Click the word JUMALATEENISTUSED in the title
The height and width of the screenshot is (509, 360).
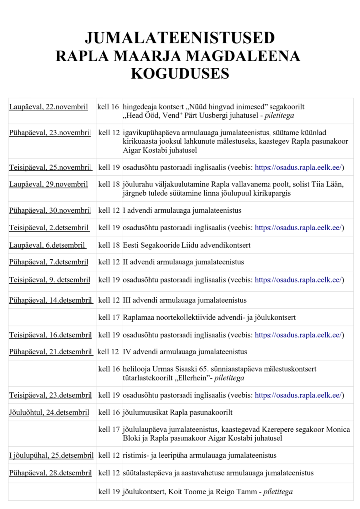coord(180,38)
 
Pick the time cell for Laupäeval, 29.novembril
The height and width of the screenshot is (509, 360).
coord(109,184)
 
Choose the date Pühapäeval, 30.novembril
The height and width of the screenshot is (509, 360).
coord(50,210)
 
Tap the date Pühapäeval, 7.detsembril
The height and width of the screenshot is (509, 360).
coord(48,262)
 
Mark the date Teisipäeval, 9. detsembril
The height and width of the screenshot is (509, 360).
coord(49,280)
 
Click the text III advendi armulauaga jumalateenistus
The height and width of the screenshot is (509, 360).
coord(184,300)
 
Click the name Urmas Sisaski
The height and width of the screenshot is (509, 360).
coord(180,369)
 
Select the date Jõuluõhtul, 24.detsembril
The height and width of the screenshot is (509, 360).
coord(49,412)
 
